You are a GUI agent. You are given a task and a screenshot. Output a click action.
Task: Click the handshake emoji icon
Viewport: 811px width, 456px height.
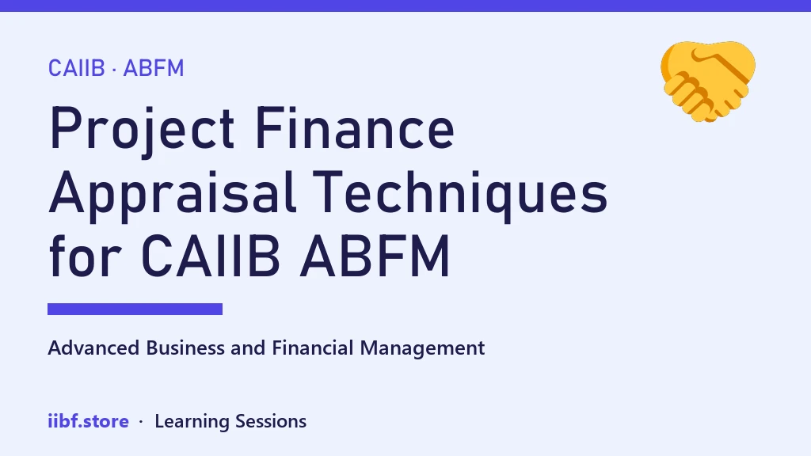pyautogui.click(x=707, y=82)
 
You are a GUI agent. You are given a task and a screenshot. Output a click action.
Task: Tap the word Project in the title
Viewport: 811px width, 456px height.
pyautogui.click(x=143, y=130)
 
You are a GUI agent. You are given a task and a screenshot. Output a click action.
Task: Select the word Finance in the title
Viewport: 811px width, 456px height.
pyautogui.click(x=355, y=127)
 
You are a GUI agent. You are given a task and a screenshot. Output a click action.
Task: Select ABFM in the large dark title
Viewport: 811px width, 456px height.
pyautogui.click(x=375, y=256)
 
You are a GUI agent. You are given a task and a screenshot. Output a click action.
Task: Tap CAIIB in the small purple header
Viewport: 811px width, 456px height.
pyautogui.click(x=77, y=68)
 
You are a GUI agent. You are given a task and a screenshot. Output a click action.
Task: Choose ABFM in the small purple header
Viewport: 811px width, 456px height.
pyautogui.click(x=154, y=68)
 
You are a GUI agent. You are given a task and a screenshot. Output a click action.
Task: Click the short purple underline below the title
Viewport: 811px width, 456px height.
pyautogui.click(x=135, y=310)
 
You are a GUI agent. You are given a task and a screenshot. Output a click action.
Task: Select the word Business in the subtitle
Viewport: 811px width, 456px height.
pyautogui.click(x=185, y=348)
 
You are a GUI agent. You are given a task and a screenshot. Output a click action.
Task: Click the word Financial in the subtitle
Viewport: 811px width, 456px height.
pyautogui.click(x=313, y=348)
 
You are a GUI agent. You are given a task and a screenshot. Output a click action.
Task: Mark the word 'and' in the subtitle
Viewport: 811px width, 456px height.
pyautogui.click(x=248, y=348)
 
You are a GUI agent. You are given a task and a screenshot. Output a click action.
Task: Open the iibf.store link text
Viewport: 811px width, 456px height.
pyautogui.click(x=89, y=421)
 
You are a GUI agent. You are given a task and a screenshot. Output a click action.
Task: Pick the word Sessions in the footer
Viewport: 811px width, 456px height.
pyautogui.click(x=271, y=421)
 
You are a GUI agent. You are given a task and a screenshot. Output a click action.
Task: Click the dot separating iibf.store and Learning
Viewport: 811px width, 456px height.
pyautogui.click(x=141, y=423)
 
